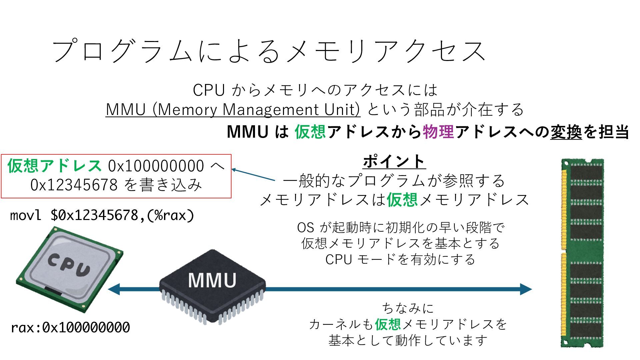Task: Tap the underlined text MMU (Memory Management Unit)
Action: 233,109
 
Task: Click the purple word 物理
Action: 438,132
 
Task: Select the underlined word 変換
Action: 566,132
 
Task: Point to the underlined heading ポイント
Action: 394,161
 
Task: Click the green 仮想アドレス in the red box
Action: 54,166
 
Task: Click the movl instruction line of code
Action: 102,215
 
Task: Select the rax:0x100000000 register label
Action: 70,328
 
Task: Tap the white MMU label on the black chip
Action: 212,280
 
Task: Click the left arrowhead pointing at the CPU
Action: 114,289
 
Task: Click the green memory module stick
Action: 583,253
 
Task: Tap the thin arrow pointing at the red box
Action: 253,175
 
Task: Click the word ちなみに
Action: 408,308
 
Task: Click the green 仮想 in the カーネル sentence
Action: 388,324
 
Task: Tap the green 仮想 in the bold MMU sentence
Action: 310,132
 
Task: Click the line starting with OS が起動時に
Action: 401,228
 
